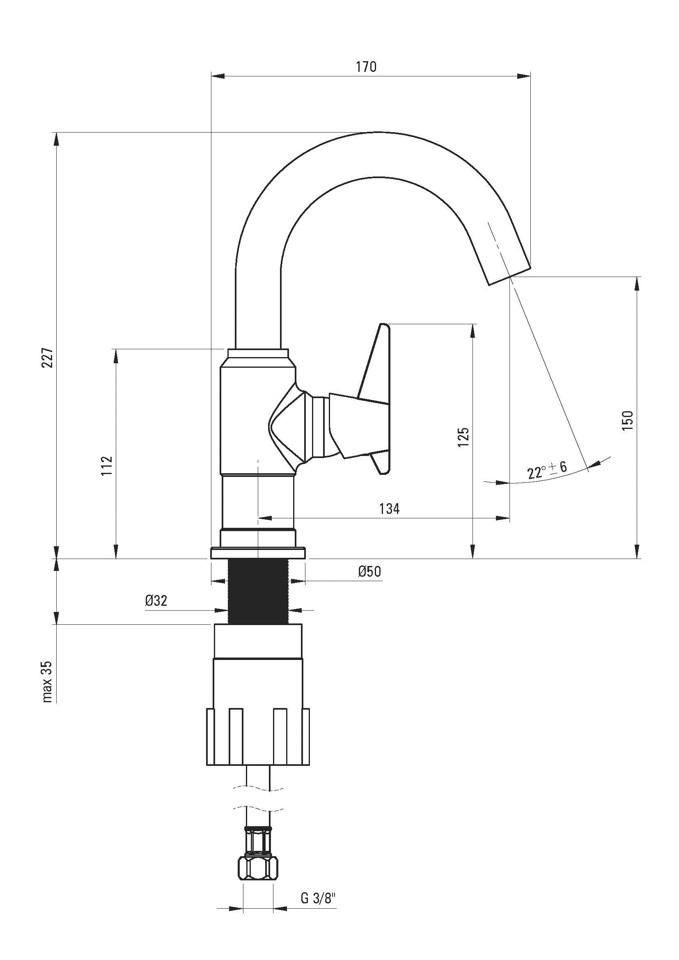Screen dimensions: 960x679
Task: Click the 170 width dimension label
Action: pyautogui.click(x=366, y=67)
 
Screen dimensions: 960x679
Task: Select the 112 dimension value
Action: pyautogui.click(x=107, y=465)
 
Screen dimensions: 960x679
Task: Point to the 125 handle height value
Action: pyautogui.click(x=463, y=437)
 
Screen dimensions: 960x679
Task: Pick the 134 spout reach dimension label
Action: pyautogui.click(x=389, y=509)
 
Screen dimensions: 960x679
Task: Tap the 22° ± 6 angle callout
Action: pyautogui.click(x=547, y=470)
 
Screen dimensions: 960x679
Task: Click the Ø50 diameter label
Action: pyautogui.click(x=369, y=572)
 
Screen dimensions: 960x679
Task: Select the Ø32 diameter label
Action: pyautogui.click(x=156, y=601)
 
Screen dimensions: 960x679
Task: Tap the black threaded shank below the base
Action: pyautogui.click(x=258, y=592)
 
